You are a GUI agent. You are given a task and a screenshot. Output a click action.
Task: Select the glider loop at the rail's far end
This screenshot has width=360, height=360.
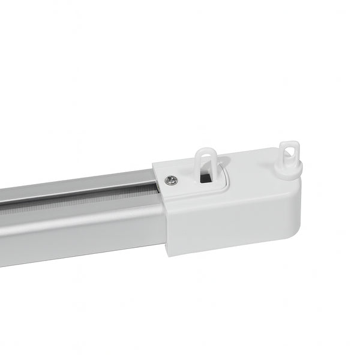[x=290, y=155]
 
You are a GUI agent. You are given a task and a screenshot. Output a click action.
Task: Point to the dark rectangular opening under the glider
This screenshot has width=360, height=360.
[x=205, y=178]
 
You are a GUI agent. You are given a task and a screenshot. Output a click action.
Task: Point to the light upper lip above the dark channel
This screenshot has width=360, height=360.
[x=78, y=191]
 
